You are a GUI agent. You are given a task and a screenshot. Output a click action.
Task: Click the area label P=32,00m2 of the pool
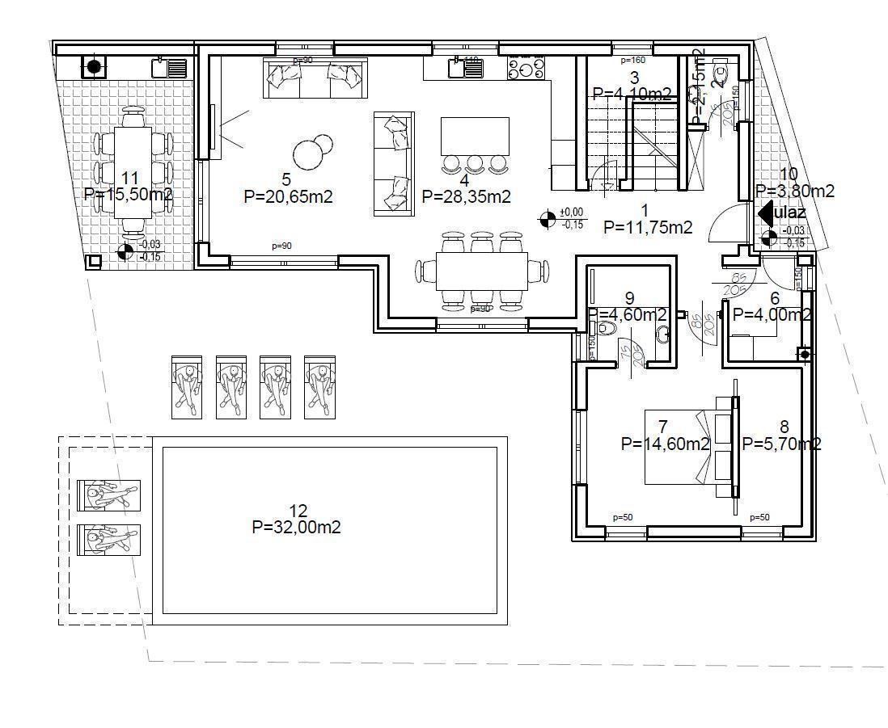[296, 528]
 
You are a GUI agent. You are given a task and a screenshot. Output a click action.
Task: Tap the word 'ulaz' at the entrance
[791, 213]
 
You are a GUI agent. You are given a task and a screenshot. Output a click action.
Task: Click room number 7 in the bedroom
[663, 427]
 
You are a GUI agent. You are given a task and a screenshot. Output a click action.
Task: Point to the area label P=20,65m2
[288, 196]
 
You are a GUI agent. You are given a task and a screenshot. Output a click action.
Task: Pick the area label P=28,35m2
[467, 196]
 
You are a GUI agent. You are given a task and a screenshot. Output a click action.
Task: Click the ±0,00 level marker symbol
[548, 217]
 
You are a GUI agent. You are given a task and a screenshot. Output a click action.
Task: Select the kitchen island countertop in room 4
[475, 136]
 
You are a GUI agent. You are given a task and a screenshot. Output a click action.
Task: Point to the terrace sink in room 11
[170, 67]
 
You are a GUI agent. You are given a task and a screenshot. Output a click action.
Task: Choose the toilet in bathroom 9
[605, 329]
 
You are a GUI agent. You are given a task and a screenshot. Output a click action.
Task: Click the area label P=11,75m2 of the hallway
[648, 228]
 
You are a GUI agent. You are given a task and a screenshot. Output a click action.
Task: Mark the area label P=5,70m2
[782, 444]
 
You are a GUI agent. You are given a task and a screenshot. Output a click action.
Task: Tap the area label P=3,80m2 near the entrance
[795, 191]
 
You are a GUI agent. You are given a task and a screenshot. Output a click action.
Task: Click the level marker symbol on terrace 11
[125, 251]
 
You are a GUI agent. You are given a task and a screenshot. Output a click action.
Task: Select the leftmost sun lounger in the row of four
[186, 386]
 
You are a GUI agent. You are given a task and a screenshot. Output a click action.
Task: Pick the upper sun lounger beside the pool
[109, 494]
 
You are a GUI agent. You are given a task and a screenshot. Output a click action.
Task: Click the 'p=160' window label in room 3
[632, 60]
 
